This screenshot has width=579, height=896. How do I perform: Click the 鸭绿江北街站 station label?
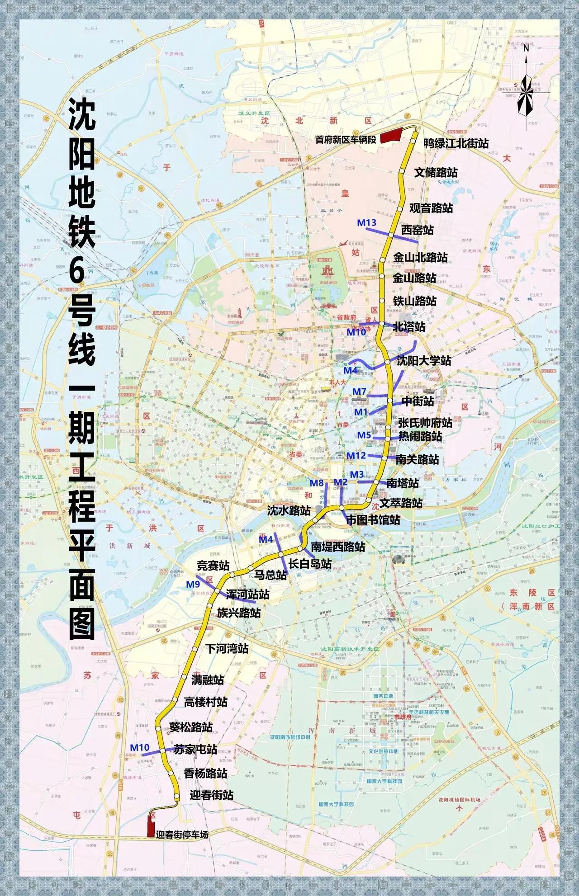456,143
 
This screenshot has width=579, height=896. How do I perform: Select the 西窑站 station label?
417,230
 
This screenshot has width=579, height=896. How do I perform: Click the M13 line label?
366,222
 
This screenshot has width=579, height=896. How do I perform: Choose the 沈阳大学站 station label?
424,361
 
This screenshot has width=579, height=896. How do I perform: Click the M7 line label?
360,391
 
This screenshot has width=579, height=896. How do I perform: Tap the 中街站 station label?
417,401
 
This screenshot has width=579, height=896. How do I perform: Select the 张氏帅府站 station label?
425,423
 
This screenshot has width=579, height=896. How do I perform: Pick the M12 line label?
356,456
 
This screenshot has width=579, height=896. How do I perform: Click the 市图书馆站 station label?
373,520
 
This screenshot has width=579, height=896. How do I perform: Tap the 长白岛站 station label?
310,564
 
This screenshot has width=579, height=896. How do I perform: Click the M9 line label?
193,585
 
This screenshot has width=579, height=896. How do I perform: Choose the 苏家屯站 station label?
196,749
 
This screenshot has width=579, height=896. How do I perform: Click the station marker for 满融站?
184,677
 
